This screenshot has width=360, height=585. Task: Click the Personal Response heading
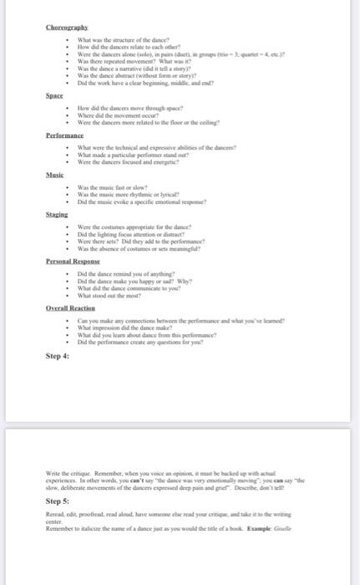click(74, 262)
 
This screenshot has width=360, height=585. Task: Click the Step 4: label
click(58, 357)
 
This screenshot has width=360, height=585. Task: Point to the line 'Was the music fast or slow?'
click(113, 186)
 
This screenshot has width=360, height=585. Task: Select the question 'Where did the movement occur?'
click(118, 116)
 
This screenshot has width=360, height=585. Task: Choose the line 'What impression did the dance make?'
click(129, 328)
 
